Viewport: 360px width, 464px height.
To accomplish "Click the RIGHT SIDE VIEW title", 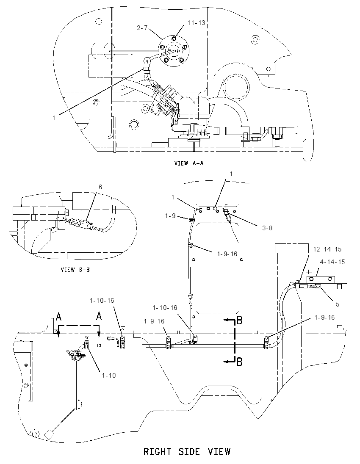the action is click(187, 452).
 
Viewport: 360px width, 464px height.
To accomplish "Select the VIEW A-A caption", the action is click(189, 163).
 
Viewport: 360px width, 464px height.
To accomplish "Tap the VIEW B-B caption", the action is click(75, 270).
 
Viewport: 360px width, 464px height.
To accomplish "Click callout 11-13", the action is click(196, 23).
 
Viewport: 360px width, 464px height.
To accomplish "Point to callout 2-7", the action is click(142, 28).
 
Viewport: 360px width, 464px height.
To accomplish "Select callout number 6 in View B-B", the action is click(100, 187).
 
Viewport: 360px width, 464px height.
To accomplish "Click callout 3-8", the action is click(267, 228).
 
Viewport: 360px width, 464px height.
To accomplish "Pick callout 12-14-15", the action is click(327, 249).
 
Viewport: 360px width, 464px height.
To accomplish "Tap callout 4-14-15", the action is click(332, 262).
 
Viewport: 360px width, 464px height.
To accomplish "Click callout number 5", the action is click(338, 304).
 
